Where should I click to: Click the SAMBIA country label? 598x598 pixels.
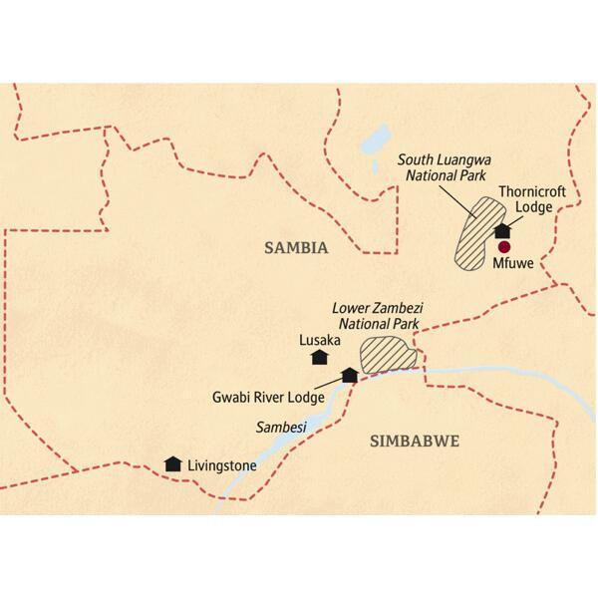pos(296,248)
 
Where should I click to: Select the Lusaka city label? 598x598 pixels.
pos(320,339)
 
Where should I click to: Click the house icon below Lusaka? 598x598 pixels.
pos(320,357)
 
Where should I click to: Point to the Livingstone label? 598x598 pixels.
pos(223,464)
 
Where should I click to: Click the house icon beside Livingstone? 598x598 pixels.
pos(173,463)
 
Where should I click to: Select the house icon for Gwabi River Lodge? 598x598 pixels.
pos(350,376)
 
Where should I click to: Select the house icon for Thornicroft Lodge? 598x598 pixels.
pos(502,231)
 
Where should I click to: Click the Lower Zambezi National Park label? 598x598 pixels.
pos(378,316)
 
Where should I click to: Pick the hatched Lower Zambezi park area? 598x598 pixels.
pos(390,354)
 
